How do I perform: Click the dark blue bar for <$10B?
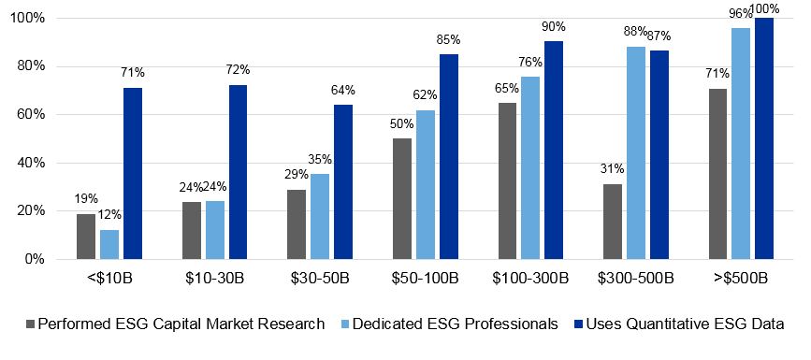(x=132, y=173)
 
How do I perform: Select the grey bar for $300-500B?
(x=613, y=221)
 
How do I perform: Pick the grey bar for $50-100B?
(x=401, y=198)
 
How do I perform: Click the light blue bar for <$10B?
(x=109, y=243)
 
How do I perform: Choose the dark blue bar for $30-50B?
(x=343, y=181)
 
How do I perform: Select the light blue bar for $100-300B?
(x=530, y=167)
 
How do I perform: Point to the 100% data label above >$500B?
(x=764, y=9)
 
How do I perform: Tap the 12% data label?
(x=109, y=214)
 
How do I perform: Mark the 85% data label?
(x=449, y=40)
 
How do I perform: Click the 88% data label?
(x=635, y=32)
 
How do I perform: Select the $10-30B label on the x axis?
(x=216, y=279)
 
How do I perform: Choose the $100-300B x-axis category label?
(x=531, y=279)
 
